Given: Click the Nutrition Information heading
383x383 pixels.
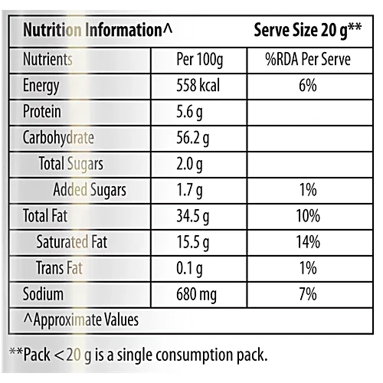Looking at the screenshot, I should [x=98, y=31].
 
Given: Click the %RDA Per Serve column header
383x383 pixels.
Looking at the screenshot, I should [x=307, y=60].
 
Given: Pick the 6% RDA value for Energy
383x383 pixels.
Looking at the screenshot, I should [x=307, y=86].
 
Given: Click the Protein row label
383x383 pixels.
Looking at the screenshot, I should [x=42, y=112].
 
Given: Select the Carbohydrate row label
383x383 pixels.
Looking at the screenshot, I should [x=59, y=138].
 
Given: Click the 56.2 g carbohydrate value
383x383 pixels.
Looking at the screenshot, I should [x=192, y=138].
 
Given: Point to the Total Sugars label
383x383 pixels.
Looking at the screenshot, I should [x=70, y=164].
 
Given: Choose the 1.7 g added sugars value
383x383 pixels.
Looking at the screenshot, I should [x=188, y=190].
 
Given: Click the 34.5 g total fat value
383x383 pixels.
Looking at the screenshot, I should [x=192, y=216].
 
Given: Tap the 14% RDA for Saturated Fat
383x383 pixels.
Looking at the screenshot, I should [x=307, y=242].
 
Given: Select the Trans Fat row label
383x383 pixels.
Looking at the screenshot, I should [x=60, y=268].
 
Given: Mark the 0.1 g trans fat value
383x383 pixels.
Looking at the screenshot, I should [x=188, y=268].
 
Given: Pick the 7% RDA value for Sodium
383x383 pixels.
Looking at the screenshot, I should [x=307, y=294].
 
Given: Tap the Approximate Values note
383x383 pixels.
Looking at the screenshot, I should [x=80, y=319].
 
